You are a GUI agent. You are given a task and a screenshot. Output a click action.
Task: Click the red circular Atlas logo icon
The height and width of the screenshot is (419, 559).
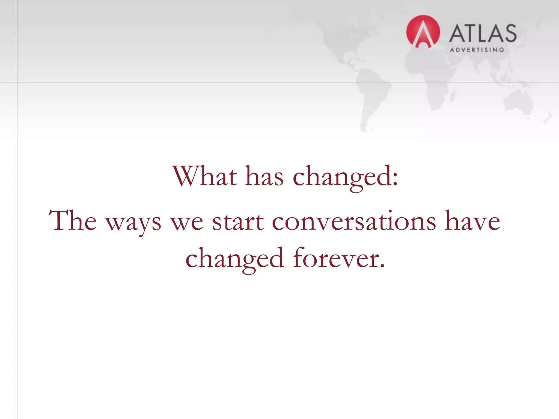point(423,32)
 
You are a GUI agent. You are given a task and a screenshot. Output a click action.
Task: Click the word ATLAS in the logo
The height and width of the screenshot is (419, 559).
point(483,34)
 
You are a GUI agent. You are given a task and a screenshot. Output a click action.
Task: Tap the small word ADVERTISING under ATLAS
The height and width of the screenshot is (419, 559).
point(477,50)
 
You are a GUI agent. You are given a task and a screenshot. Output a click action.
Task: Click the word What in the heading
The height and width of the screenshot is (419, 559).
point(205,176)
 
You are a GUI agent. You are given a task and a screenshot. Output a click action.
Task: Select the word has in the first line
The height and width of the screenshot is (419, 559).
point(264,177)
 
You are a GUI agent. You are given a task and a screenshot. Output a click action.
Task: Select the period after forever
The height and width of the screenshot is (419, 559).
point(382,266)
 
